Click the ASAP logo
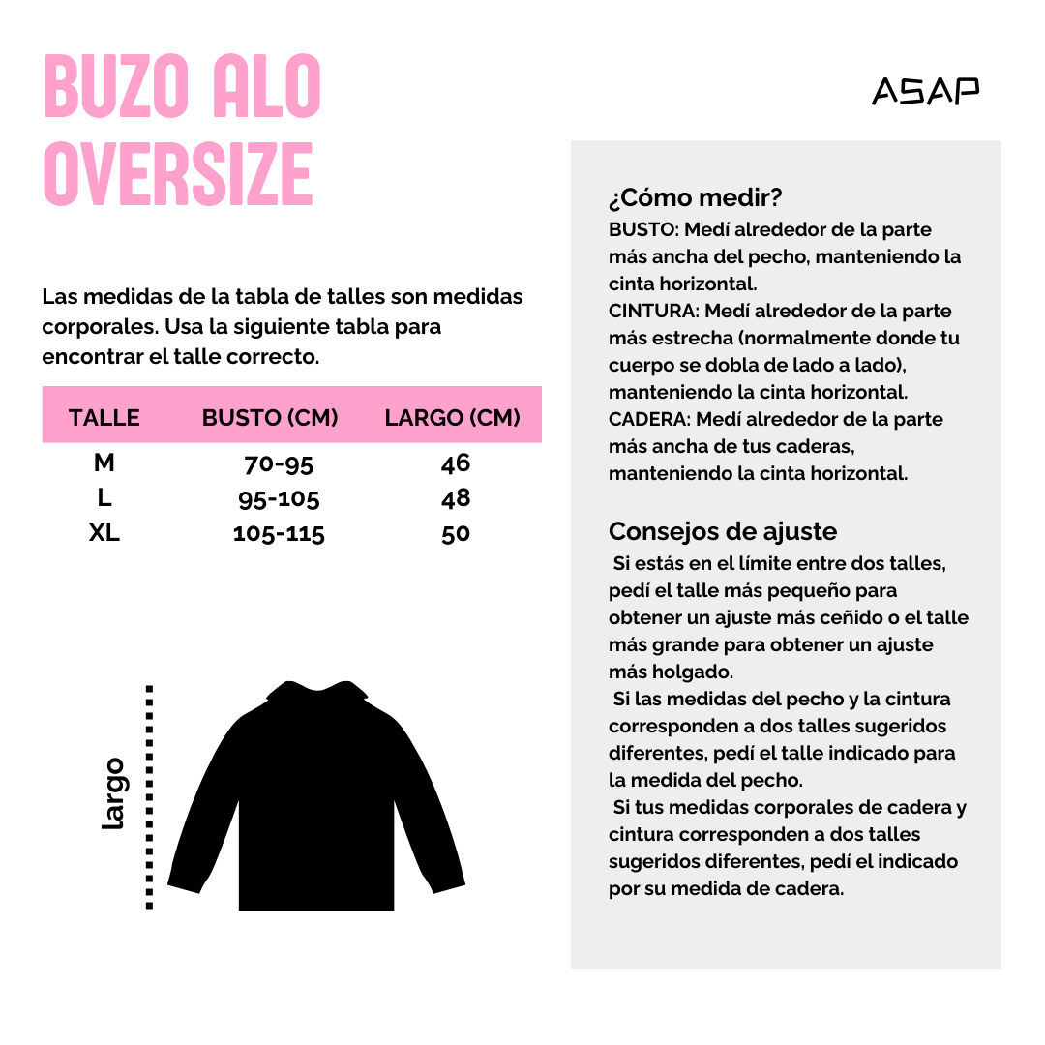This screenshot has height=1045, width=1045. click(x=925, y=91)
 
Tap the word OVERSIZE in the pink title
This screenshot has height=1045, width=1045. click(x=178, y=174)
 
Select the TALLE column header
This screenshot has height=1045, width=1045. click(x=104, y=418)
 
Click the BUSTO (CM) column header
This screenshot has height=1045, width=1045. click(x=270, y=418)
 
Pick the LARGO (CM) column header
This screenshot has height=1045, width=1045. click(x=452, y=418)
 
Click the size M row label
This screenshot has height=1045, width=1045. click(x=104, y=463)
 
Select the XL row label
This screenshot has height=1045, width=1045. click(x=104, y=533)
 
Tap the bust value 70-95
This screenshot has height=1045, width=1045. click(x=279, y=464)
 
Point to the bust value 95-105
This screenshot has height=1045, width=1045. click(x=279, y=499)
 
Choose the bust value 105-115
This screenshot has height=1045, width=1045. click(x=279, y=534)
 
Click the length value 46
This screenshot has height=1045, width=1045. click(x=456, y=463)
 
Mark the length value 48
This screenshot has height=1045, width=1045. click(x=456, y=498)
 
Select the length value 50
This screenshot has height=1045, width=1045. click(x=456, y=533)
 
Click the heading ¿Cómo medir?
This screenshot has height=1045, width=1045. click(x=695, y=198)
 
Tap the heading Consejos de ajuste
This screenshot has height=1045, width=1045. click(x=723, y=531)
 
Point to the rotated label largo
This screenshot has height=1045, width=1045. click(x=114, y=793)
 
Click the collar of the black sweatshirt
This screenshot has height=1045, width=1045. click(x=317, y=690)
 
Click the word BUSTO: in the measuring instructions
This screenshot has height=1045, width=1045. click(x=642, y=230)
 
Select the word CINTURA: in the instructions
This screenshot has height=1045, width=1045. click(x=653, y=312)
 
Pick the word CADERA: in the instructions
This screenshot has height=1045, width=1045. click(x=649, y=420)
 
